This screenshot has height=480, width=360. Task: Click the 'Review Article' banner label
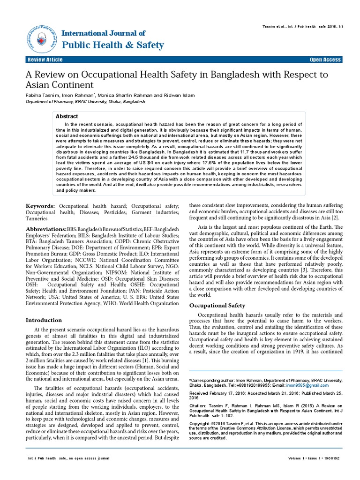click(x=45, y=60)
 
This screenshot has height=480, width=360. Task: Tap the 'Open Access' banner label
click(x=325, y=60)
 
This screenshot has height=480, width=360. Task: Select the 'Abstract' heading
click(x=67, y=116)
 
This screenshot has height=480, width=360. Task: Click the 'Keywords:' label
click(x=40, y=206)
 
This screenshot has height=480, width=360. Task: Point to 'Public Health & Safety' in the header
click(x=113, y=45)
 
